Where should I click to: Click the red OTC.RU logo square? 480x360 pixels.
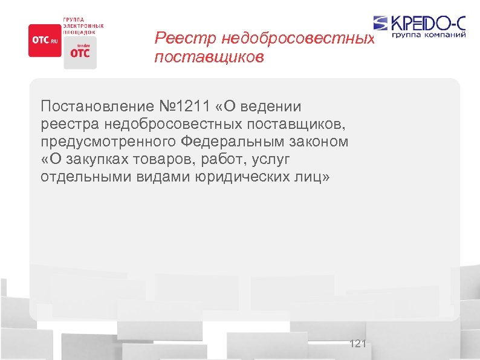45,40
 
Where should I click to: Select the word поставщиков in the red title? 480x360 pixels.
209,58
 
